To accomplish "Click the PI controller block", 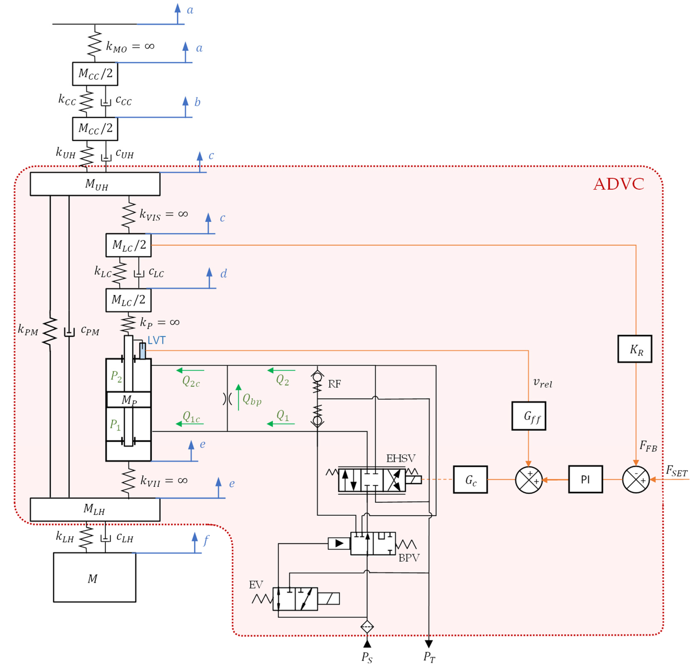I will pyautogui.click(x=585, y=479).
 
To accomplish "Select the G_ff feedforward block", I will pyautogui.click(x=528, y=416).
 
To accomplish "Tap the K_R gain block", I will pyautogui.click(x=635, y=349).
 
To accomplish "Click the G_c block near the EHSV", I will pyautogui.click(x=470, y=479).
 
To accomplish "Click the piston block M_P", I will pyautogui.click(x=129, y=400).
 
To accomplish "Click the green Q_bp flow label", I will pyautogui.click(x=252, y=399).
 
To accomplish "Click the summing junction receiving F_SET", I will pyautogui.click(x=636, y=479).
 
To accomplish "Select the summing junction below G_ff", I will pyautogui.click(x=528, y=479).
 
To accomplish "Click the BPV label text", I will pyautogui.click(x=409, y=558).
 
